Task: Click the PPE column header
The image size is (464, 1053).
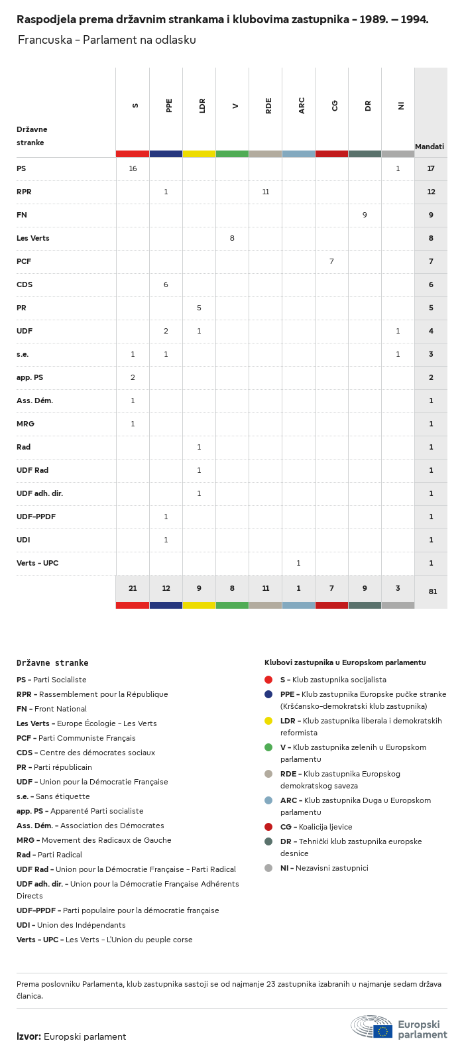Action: click(x=169, y=105)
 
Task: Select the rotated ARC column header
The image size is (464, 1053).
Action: click(x=302, y=105)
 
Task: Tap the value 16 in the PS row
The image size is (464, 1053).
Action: click(x=133, y=168)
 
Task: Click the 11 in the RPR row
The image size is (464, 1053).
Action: click(x=265, y=192)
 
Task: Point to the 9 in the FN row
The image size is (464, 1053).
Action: click(x=365, y=215)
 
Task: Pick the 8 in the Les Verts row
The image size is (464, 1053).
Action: click(x=232, y=238)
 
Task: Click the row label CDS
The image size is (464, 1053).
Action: click(x=25, y=284)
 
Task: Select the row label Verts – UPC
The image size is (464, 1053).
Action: click(x=37, y=563)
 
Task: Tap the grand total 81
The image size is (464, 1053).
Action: click(x=432, y=591)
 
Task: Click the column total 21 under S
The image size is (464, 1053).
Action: click(x=133, y=588)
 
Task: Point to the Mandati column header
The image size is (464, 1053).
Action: click(x=430, y=147)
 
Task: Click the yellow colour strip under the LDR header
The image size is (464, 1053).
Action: click(x=199, y=154)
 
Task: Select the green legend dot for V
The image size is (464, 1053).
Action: click(x=268, y=747)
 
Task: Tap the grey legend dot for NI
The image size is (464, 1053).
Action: click(x=268, y=868)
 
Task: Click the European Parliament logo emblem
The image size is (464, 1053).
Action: click(x=372, y=1026)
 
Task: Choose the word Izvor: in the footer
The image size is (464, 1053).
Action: click(x=29, y=1036)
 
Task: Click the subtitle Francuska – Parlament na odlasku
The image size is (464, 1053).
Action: click(x=107, y=40)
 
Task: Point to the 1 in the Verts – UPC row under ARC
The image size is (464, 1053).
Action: click(x=298, y=563)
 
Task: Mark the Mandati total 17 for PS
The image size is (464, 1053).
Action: click(x=431, y=168)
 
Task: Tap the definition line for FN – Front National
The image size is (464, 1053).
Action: click(x=52, y=709)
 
